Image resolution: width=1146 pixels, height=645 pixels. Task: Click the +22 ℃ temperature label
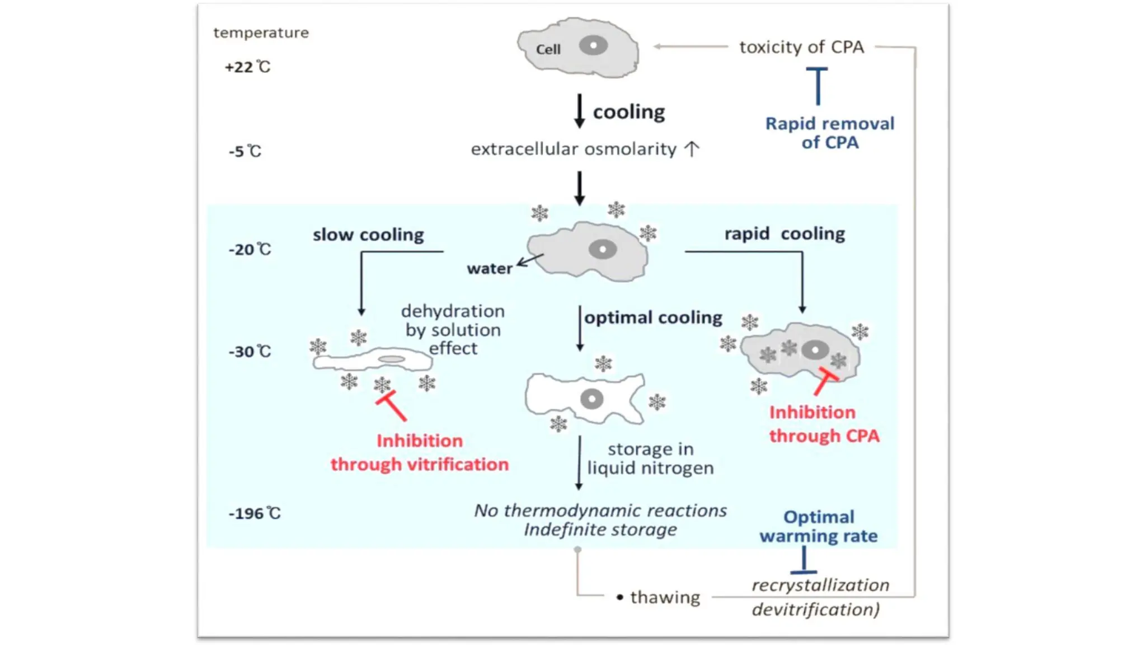coord(247,67)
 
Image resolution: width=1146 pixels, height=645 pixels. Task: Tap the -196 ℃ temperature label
coord(254,513)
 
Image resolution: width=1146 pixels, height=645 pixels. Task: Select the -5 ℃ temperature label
coord(245,151)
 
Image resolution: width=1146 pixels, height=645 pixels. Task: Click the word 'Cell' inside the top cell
coord(548,49)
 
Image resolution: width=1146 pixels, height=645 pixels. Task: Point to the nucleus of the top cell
coord(593,45)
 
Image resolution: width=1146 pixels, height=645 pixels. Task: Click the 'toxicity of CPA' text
coord(801,47)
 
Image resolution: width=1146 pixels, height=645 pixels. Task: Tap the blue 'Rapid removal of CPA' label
coord(829,133)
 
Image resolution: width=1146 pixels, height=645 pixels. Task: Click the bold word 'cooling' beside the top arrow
coord(629,112)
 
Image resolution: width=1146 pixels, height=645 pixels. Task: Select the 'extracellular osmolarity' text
coord(574,149)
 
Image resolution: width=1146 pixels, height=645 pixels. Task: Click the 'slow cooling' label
coord(368,235)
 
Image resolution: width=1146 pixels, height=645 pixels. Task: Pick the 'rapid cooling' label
coord(785,233)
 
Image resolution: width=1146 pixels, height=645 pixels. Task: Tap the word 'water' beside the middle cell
coord(490,269)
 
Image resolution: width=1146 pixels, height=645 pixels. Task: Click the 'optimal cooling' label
coord(653,317)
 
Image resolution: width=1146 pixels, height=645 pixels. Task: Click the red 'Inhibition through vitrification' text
coord(419,452)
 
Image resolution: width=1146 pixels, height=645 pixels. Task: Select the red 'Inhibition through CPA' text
coord(824,424)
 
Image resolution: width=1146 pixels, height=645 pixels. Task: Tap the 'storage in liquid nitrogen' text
coord(650,458)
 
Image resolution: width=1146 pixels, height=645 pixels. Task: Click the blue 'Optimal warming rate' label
coord(818,526)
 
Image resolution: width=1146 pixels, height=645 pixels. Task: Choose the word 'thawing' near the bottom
coord(665,597)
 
